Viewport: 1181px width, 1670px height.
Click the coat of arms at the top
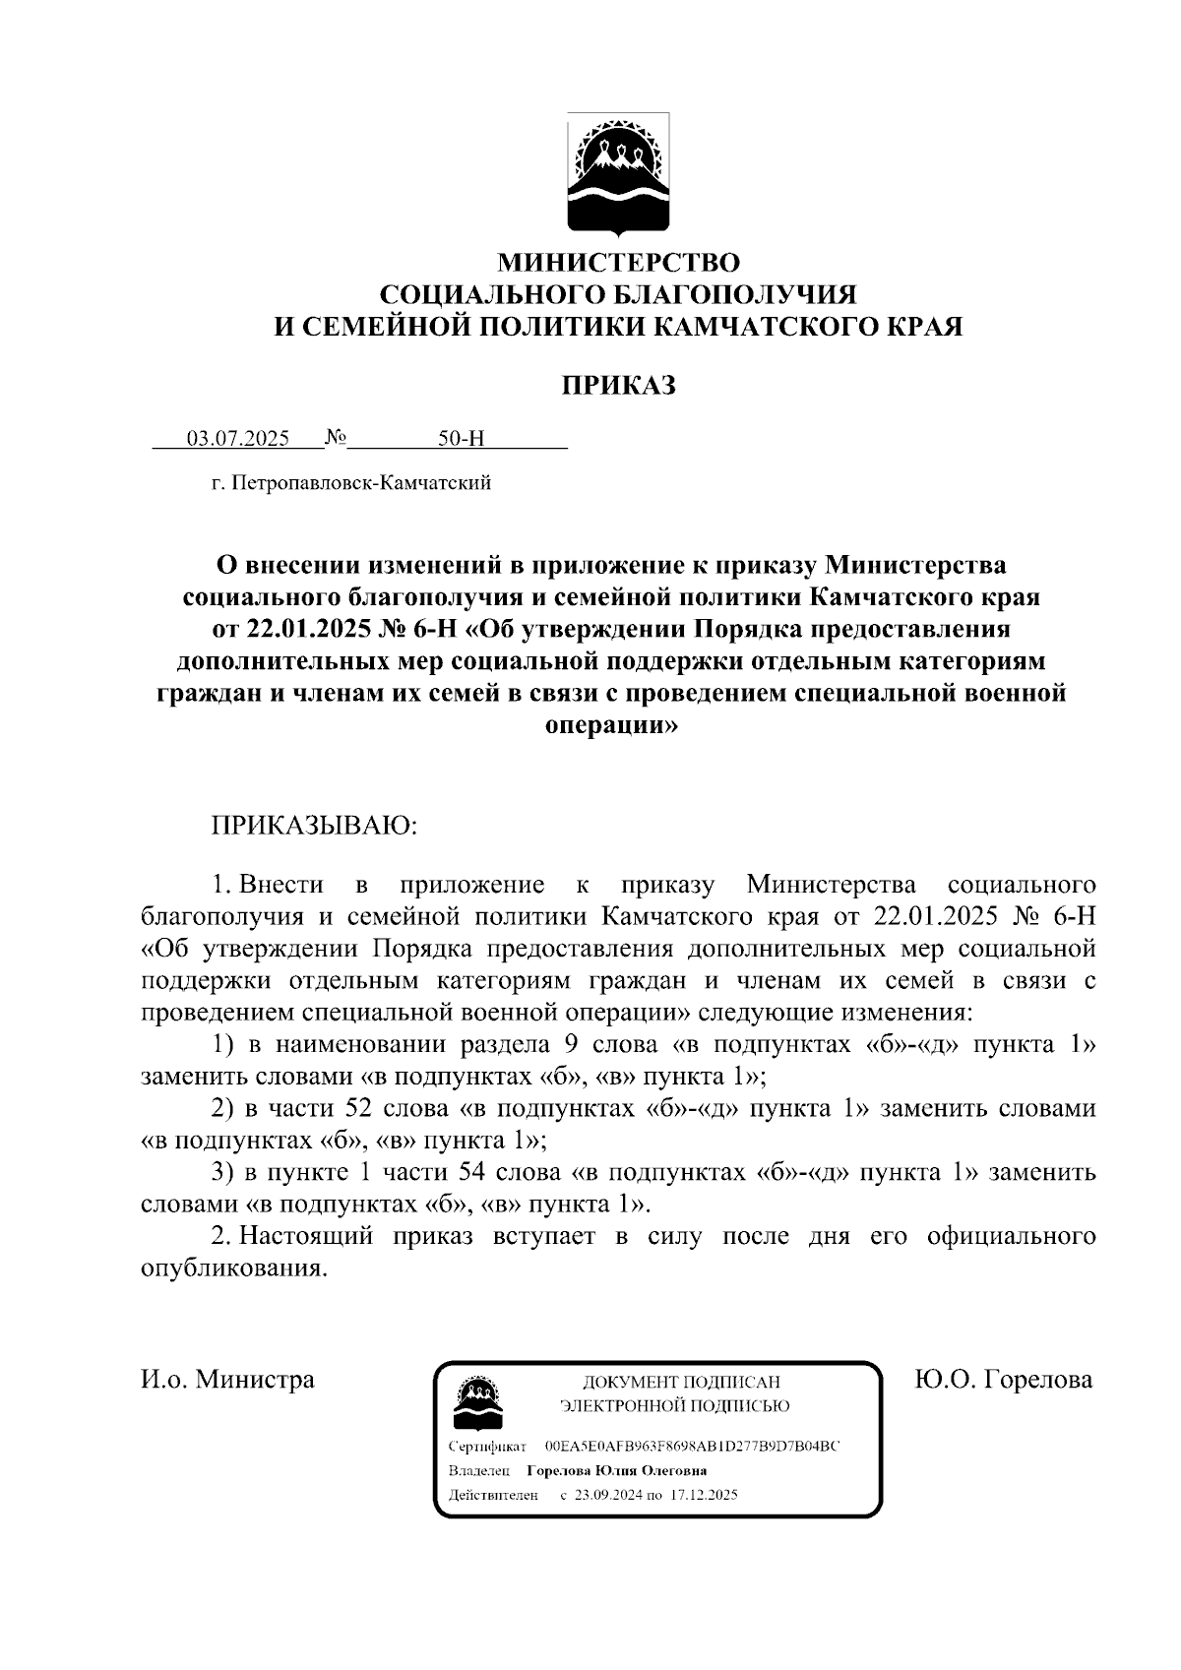[x=618, y=175]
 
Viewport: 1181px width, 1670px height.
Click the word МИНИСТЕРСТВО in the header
[x=618, y=263]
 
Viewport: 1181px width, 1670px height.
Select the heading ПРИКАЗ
[x=618, y=386]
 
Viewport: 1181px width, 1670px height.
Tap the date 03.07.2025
[x=238, y=439]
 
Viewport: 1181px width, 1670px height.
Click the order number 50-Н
[x=462, y=439]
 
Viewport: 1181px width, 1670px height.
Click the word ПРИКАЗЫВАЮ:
[x=315, y=825]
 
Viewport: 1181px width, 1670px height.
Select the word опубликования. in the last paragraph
[x=233, y=1268]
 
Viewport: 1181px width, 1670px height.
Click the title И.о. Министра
[x=227, y=1380]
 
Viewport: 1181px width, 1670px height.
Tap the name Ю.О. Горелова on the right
[x=1003, y=1380]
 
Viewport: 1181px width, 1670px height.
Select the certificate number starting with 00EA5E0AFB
[x=692, y=1447]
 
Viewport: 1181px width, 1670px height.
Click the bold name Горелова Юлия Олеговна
[x=616, y=1471]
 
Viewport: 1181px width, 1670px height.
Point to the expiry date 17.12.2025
[x=703, y=1495]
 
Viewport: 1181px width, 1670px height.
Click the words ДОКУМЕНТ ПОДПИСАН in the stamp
[x=681, y=1383]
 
